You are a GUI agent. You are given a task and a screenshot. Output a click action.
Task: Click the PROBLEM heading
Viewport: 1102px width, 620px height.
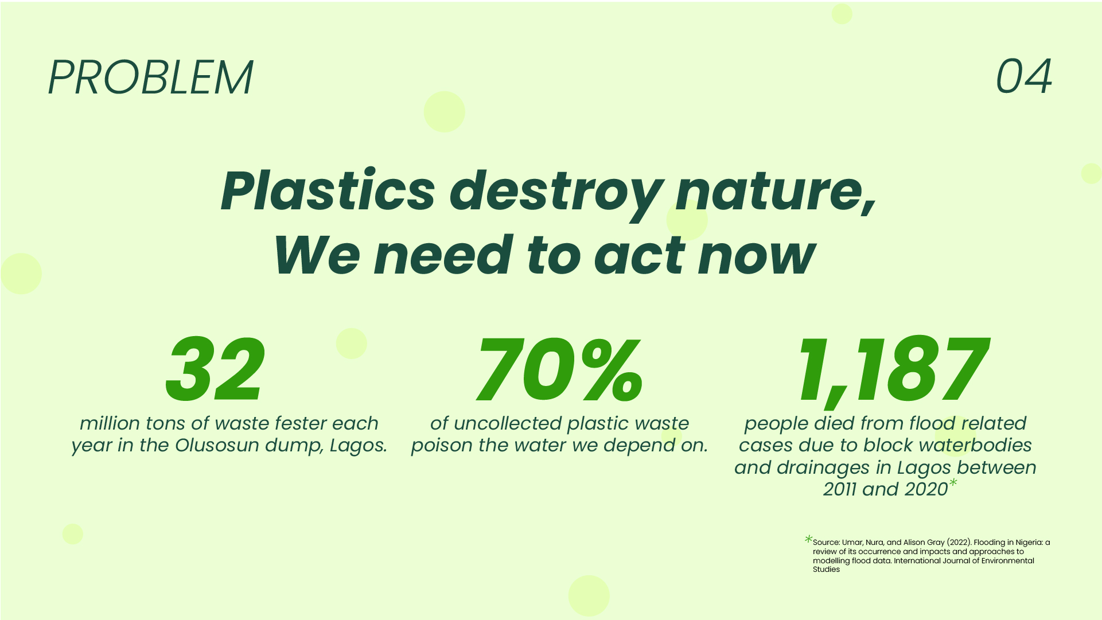[x=150, y=77]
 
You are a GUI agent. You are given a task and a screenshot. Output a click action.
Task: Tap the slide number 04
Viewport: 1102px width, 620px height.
[x=1023, y=77]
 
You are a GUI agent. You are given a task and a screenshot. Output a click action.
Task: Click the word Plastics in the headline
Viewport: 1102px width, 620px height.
[x=328, y=191]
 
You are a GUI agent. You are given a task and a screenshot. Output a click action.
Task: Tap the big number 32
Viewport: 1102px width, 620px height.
[x=216, y=370]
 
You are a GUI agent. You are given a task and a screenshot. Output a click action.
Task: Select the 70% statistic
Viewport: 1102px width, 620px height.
[x=559, y=370]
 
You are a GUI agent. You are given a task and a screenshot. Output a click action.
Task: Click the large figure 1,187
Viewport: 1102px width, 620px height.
[x=893, y=370]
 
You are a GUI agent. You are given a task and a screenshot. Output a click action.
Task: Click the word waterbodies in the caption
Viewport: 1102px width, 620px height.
[x=975, y=446]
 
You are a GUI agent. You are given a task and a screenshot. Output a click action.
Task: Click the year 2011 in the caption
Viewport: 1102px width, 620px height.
[x=840, y=489]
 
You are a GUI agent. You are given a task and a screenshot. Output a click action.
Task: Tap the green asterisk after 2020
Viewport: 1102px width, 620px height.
[x=953, y=483]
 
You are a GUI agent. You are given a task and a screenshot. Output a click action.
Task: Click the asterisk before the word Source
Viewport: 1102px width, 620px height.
[x=808, y=539]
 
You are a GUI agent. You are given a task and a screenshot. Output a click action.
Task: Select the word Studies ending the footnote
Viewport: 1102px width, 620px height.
[x=826, y=570]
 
